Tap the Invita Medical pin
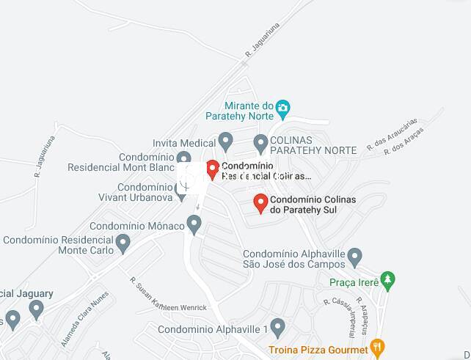coord(226,141)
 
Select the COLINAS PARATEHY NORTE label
coord(313,144)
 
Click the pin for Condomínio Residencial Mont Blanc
coord(184,158)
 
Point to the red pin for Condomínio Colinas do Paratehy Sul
coord(260,202)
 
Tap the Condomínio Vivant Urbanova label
coord(135,192)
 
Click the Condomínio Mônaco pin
coord(194,224)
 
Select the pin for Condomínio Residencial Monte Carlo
coord(123,242)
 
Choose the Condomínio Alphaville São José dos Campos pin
coord(355,257)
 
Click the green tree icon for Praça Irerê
coord(388,279)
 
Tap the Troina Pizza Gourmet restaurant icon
coord(376,347)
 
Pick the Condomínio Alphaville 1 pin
coord(277,326)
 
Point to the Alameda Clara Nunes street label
coord(85,311)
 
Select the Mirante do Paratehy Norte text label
coord(249,111)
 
